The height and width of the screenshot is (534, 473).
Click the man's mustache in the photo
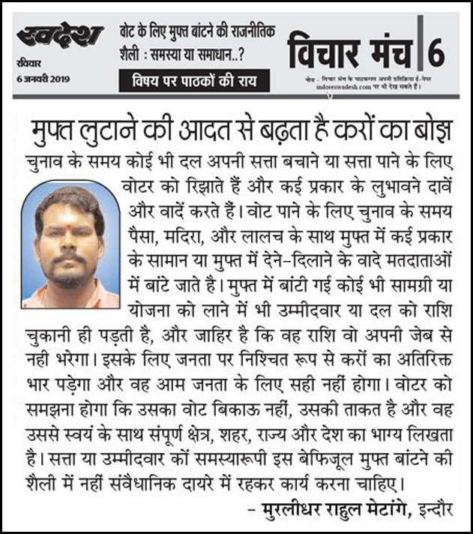[x=70, y=257]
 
